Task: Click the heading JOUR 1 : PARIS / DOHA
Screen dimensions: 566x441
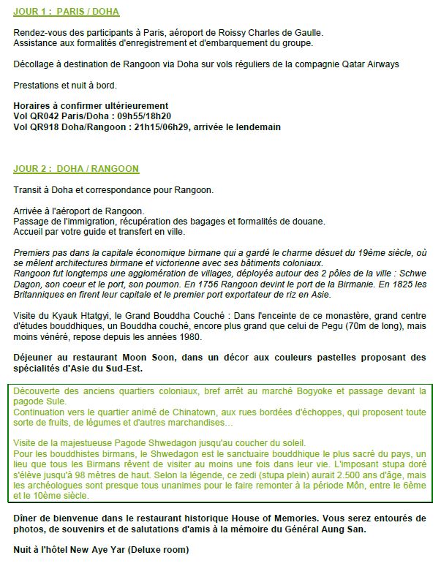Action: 67,12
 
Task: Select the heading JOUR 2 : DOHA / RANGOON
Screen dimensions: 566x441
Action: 76,169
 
